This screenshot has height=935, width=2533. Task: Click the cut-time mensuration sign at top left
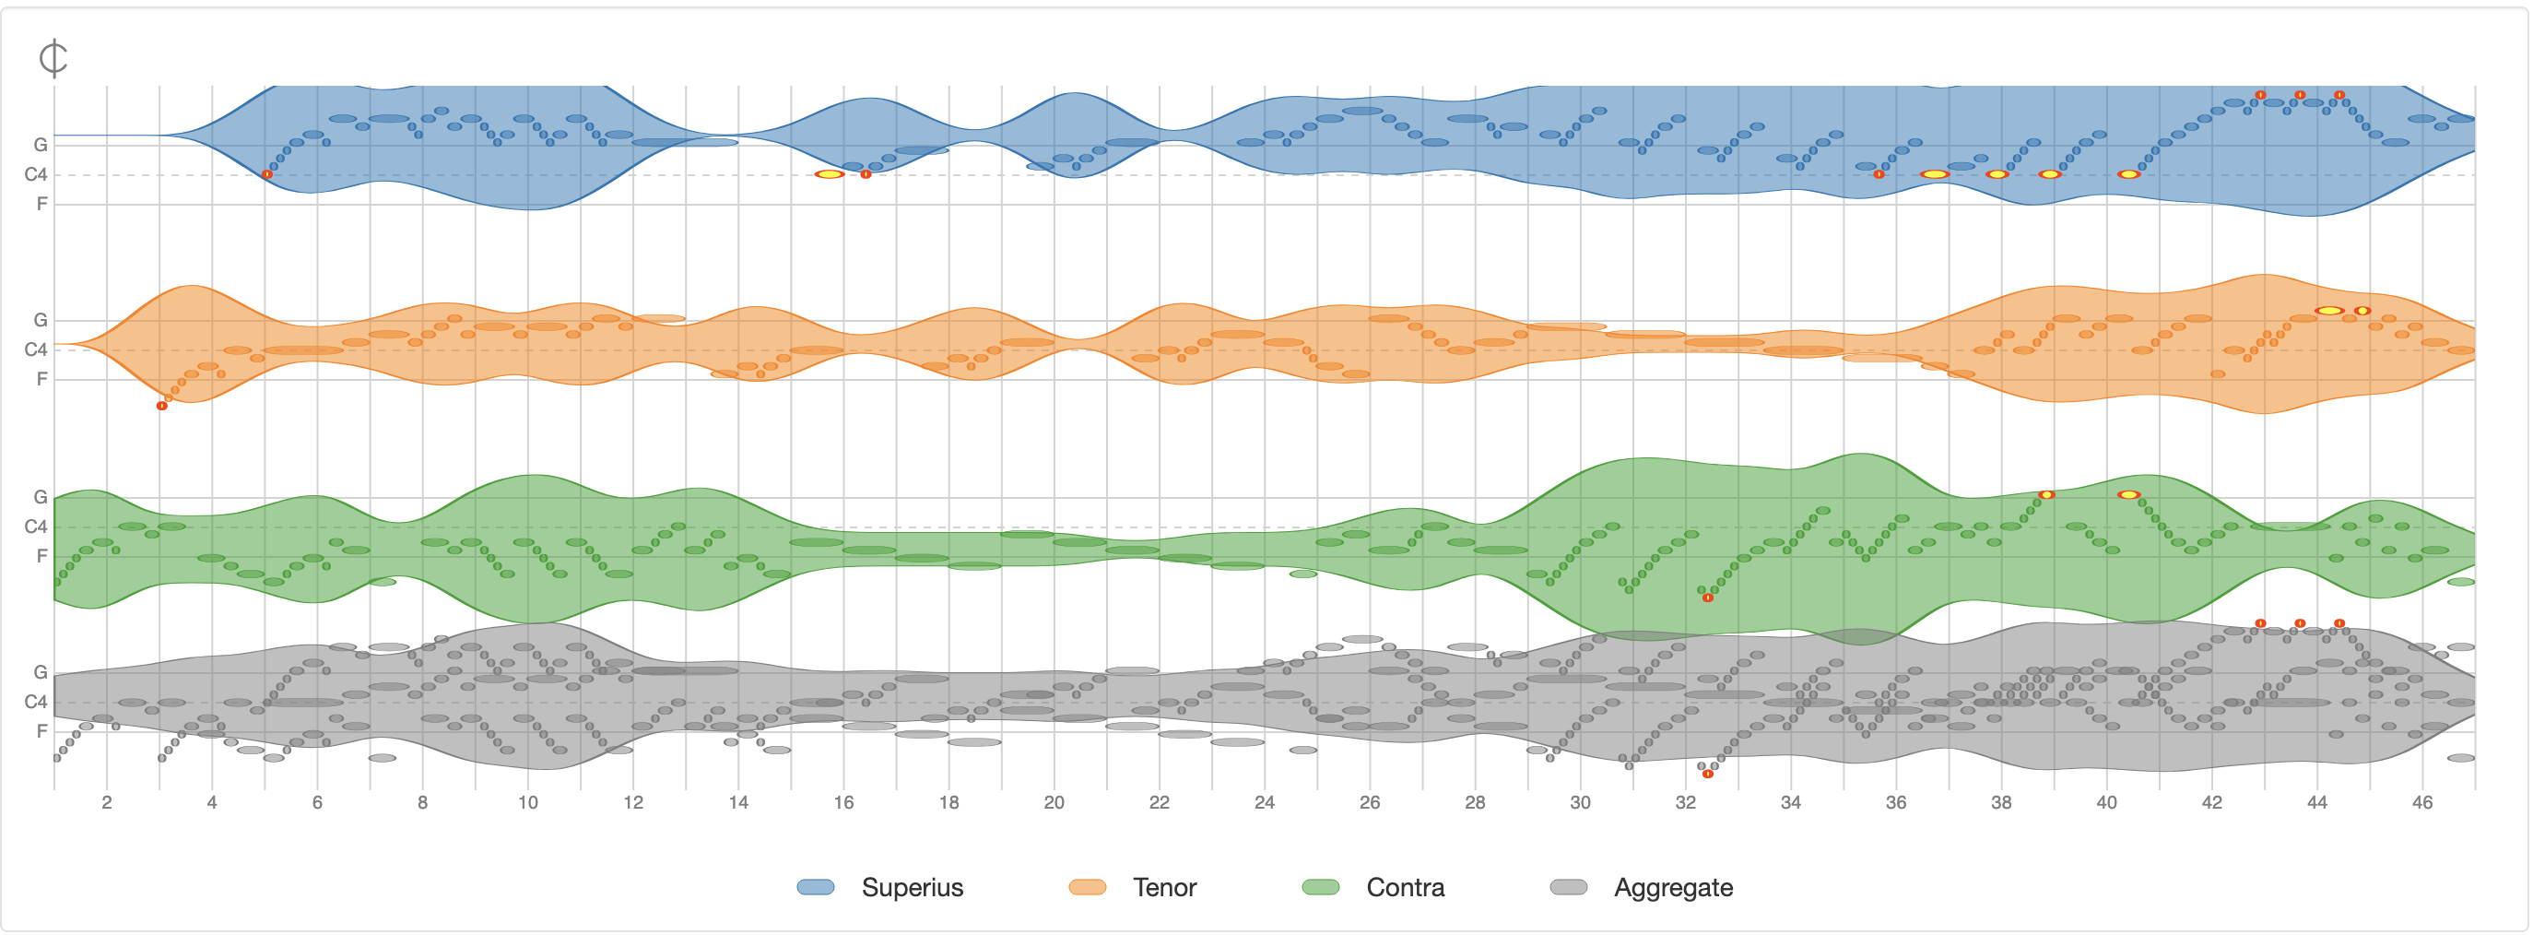click(x=53, y=58)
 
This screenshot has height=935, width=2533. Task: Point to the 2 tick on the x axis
click(x=107, y=802)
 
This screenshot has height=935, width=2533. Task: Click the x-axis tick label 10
click(x=528, y=802)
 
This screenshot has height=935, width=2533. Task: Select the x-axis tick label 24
click(x=1265, y=802)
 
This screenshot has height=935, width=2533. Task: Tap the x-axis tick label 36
click(x=1896, y=802)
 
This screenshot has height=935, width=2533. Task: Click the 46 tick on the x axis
click(x=2421, y=802)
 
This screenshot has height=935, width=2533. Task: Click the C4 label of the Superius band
click(x=35, y=175)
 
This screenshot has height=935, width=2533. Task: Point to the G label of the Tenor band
click(x=41, y=320)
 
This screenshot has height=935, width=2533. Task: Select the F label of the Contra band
click(x=41, y=555)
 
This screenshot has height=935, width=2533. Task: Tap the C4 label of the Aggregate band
click(x=35, y=702)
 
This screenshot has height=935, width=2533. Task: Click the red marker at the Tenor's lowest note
click(x=162, y=406)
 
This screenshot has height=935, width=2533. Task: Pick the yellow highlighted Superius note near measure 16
click(x=830, y=174)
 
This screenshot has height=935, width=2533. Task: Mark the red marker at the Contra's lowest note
click(x=1708, y=598)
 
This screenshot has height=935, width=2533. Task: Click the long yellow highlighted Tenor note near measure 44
click(x=2329, y=311)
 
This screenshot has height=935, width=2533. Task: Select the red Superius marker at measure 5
click(x=267, y=174)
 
